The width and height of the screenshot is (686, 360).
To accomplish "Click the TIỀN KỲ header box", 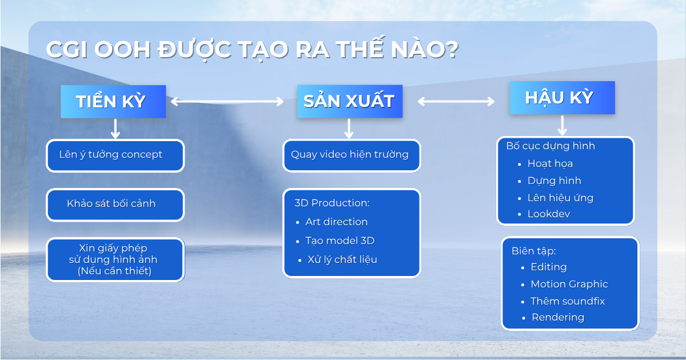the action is [x=113, y=102].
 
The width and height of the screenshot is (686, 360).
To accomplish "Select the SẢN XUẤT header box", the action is [x=350, y=101].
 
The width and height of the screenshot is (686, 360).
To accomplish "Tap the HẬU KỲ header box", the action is [x=563, y=98].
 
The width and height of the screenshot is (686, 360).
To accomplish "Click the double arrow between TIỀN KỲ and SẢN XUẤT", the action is [x=228, y=101].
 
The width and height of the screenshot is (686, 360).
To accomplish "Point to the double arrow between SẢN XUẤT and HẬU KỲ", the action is [x=456, y=101].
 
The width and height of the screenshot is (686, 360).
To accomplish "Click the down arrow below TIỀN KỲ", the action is [x=115, y=129].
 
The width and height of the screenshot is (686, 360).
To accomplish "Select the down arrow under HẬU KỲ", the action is [x=563, y=126].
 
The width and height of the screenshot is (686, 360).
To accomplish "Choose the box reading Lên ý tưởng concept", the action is [x=115, y=156].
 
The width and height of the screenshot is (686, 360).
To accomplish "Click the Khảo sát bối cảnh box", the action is [x=115, y=205].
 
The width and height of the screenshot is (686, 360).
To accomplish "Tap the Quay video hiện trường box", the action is [x=352, y=156].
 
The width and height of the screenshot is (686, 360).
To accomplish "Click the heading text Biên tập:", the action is [x=534, y=251].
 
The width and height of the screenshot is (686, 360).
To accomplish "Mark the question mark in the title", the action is [x=450, y=49].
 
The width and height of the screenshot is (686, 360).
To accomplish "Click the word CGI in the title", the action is [x=67, y=49].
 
